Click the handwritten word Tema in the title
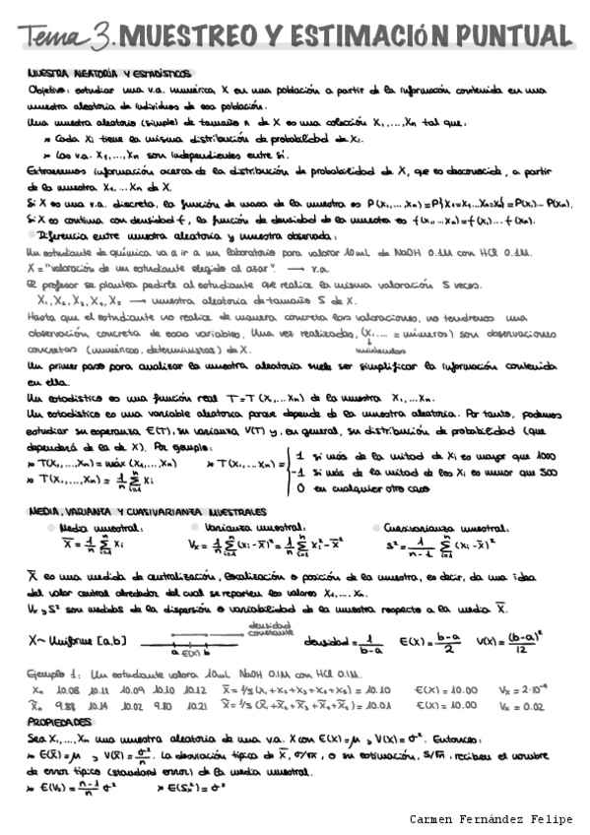pos(53,36)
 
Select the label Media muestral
pos(93,528)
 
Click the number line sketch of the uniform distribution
pos(197,642)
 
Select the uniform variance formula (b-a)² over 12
pos(530,641)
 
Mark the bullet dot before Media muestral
pos(52,529)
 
